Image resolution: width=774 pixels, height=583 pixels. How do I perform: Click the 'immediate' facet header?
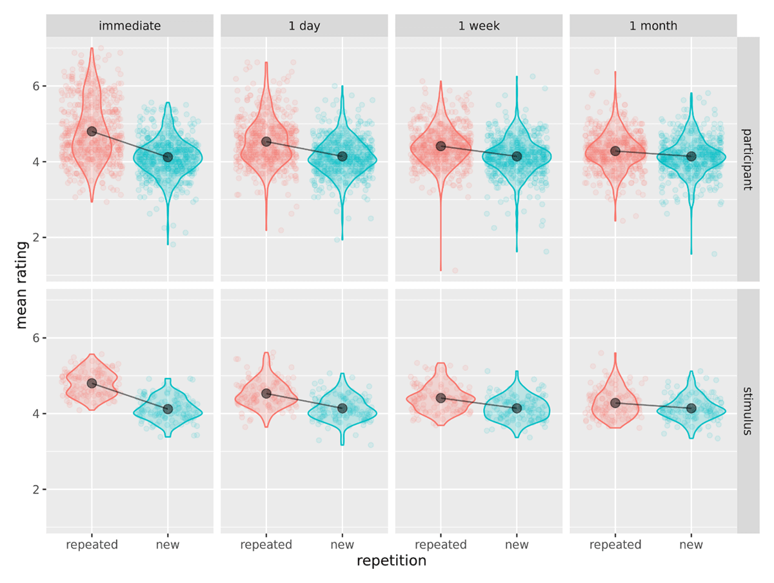point(130,26)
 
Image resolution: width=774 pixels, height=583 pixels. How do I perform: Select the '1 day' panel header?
point(304,26)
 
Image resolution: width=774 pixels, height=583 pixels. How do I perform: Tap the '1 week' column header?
point(479,26)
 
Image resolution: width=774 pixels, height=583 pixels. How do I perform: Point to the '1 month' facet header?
point(653,26)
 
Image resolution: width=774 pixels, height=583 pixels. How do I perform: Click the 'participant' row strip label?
point(748,159)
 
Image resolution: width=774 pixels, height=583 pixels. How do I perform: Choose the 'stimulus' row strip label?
point(748,411)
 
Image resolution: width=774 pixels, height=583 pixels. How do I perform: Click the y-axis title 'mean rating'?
point(22,284)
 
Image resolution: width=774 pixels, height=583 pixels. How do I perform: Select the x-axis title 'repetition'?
point(392,561)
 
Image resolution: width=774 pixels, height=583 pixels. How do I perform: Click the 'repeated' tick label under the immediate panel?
point(92,545)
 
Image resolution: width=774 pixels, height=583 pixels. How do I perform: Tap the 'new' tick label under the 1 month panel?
point(691,545)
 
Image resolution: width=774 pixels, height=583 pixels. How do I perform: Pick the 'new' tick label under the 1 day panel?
point(342,545)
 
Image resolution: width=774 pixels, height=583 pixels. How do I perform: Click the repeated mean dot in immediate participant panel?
point(92,131)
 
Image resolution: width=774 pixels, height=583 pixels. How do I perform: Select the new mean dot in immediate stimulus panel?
point(168,409)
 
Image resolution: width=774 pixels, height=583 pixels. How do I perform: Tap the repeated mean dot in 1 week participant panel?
point(441,146)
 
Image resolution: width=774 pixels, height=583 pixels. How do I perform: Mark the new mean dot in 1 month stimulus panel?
point(691,408)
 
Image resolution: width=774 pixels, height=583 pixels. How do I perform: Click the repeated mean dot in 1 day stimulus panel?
point(266,393)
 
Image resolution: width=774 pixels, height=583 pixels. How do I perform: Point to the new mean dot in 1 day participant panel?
point(342,157)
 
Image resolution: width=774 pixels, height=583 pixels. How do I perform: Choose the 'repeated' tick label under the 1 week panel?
point(441,545)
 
